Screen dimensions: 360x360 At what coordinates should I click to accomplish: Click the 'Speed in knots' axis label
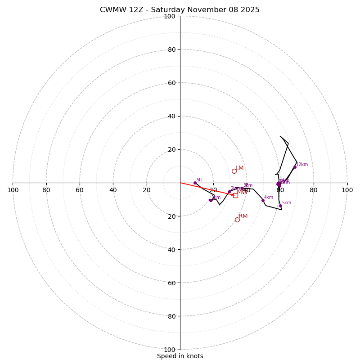coord(180,356)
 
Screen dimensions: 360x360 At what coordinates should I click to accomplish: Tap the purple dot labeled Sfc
coord(195,183)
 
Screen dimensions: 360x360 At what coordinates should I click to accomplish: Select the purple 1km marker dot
coord(211,200)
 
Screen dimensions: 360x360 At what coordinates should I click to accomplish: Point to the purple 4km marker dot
coord(263,200)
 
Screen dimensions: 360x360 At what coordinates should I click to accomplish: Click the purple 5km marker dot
coord(280,206)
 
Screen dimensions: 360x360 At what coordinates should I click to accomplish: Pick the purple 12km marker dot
coord(295,167)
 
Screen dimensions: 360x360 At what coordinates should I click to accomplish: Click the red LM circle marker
coord(234,171)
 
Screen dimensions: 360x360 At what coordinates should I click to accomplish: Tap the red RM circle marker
coord(237,220)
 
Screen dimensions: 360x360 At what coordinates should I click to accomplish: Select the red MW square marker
coord(235,195)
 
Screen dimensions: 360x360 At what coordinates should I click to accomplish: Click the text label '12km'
coord(302,165)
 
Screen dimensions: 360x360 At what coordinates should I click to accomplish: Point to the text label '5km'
coord(287,203)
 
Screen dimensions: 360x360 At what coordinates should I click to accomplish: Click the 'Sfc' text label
coord(200,180)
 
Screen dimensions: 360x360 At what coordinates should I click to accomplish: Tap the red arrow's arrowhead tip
coord(234,195)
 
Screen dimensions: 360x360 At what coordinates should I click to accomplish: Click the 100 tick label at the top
coord(170,16)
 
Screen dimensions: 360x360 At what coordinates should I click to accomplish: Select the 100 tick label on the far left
coord(13,190)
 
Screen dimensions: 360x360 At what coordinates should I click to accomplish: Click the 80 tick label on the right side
coord(314,190)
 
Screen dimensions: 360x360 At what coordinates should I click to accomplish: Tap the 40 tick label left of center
coord(113,190)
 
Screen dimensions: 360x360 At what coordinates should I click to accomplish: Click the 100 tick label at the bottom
coord(170,350)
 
